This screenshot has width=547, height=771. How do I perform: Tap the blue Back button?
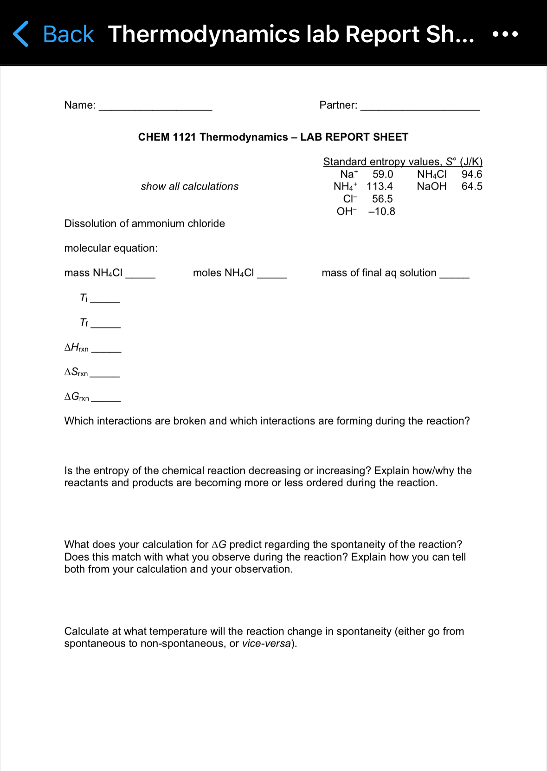point(54,34)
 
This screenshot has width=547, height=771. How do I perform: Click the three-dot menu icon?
point(505,34)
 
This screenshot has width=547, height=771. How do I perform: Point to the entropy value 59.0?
point(382,174)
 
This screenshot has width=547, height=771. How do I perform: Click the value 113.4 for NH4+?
point(380,186)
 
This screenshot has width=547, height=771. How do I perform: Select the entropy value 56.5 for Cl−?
point(382,199)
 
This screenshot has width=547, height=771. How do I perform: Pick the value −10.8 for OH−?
point(381,211)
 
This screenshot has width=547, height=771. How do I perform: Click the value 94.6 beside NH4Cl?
point(471,174)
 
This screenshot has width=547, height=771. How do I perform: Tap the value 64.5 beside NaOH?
point(471,186)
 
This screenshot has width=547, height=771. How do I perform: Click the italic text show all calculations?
point(189,186)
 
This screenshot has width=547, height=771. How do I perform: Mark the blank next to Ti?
point(105,300)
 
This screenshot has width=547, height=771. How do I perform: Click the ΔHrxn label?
point(76,347)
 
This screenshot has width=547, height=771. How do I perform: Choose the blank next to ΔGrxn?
point(106,399)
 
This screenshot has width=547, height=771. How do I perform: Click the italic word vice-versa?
point(266,644)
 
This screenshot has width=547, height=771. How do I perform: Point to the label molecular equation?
point(111,248)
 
